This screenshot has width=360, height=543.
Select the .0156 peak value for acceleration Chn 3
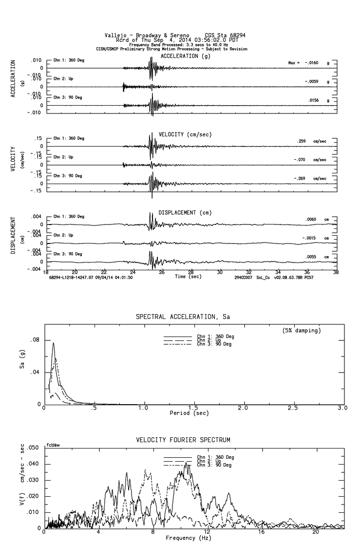313,100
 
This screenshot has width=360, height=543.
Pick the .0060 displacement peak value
311,220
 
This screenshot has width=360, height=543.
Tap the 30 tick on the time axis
220,273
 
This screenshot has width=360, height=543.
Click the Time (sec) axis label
188,276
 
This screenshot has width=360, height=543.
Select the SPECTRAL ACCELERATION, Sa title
183,317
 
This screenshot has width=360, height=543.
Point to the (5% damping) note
301,331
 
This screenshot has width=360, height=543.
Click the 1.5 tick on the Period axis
193,408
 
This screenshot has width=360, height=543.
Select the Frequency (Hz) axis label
188,538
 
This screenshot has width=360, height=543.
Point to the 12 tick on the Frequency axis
208,532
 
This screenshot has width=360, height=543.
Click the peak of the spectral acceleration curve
54,343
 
